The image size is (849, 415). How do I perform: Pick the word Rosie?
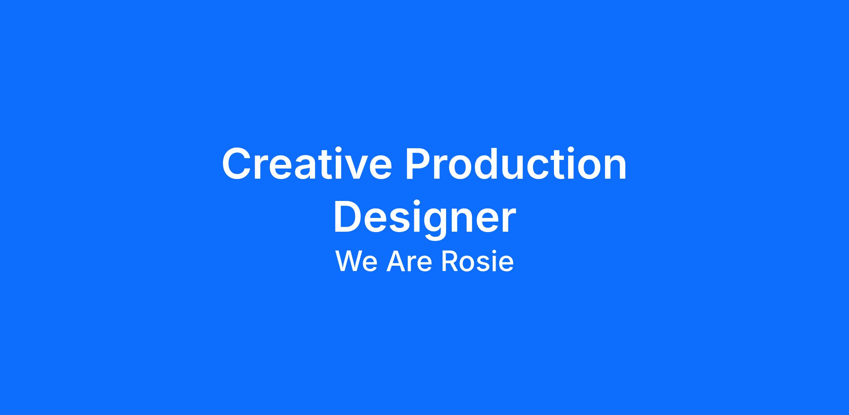tap(478, 262)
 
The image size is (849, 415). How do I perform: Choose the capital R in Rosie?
tap(449, 261)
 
